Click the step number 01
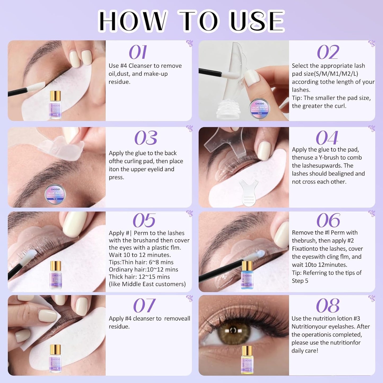(138, 52)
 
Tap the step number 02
(328, 52)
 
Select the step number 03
(146, 138)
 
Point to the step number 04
(327, 138)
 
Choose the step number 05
(144, 221)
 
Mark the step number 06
(328, 221)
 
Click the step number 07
(144, 306)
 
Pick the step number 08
(328, 306)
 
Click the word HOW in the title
(132, 21)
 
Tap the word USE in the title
(257, 21)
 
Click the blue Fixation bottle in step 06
(247, 276)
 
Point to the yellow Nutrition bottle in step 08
(247, 360)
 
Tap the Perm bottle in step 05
(56, 276)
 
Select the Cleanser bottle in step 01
(56, 105)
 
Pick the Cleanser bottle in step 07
(55, 359)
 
